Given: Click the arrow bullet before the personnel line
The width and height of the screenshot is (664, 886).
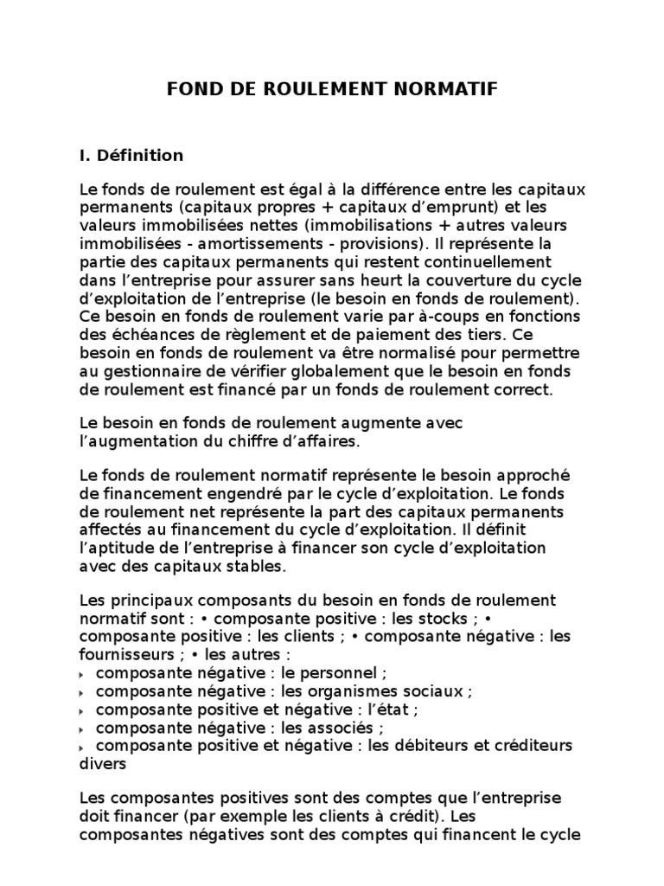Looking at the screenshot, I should tap(83, 673).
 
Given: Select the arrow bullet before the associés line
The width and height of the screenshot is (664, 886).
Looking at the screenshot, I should tap(83, 729).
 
